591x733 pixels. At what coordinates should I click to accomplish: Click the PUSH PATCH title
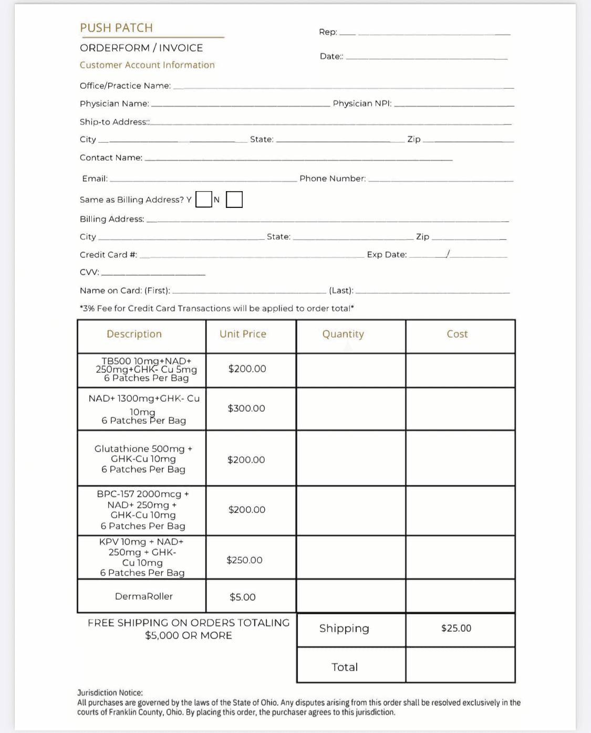pyautogui.click(x=116, y=28)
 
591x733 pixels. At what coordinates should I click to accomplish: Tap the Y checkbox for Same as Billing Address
pyautogui.click(x=204, y=200)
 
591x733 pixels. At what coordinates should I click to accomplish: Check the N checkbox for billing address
pyautogui.click(x=234, y=200)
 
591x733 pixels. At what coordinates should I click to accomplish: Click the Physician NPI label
pyautogui.click(x=362, y=103)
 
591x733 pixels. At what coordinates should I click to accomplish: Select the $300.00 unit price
pyautogui.click(x=246, y=409)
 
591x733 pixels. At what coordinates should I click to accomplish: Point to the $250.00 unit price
pyautogui.click(x=244, y=560)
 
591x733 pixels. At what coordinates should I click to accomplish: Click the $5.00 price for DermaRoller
pyautogui.click(x=243, y=597)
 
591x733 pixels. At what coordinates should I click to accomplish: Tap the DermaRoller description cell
pyautogui.click(x=143, y=596)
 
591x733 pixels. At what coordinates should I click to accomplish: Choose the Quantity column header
pyautogui.click(x=343, y=334)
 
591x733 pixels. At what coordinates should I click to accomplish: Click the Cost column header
pyautogui.click(x=457, y=334)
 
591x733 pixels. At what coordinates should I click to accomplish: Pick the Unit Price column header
pyautogui.click(x=243, y=334)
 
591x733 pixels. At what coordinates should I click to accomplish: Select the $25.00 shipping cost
pyautogui.click(x=456, y=629)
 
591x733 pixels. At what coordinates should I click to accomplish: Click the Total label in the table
pyautogui.click(x=345, y=667)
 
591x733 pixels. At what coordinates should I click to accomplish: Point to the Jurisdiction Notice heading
pyautogui.click(x=110, y=693)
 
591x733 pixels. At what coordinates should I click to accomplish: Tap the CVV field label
pyautogui.click(x=89, y=272)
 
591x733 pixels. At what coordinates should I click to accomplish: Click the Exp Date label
pyautogui.click(x=387, y=255)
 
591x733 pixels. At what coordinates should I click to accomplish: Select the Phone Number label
pyautogui.click(x=333, y=179)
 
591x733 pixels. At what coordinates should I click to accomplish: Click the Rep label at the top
pyautogui.click(x=328, y=32)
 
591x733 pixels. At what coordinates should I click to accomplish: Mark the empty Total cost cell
pyautogui.click(x=460, y=666)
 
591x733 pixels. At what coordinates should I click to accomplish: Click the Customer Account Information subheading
pyautogui.click(x=147, y=65)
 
